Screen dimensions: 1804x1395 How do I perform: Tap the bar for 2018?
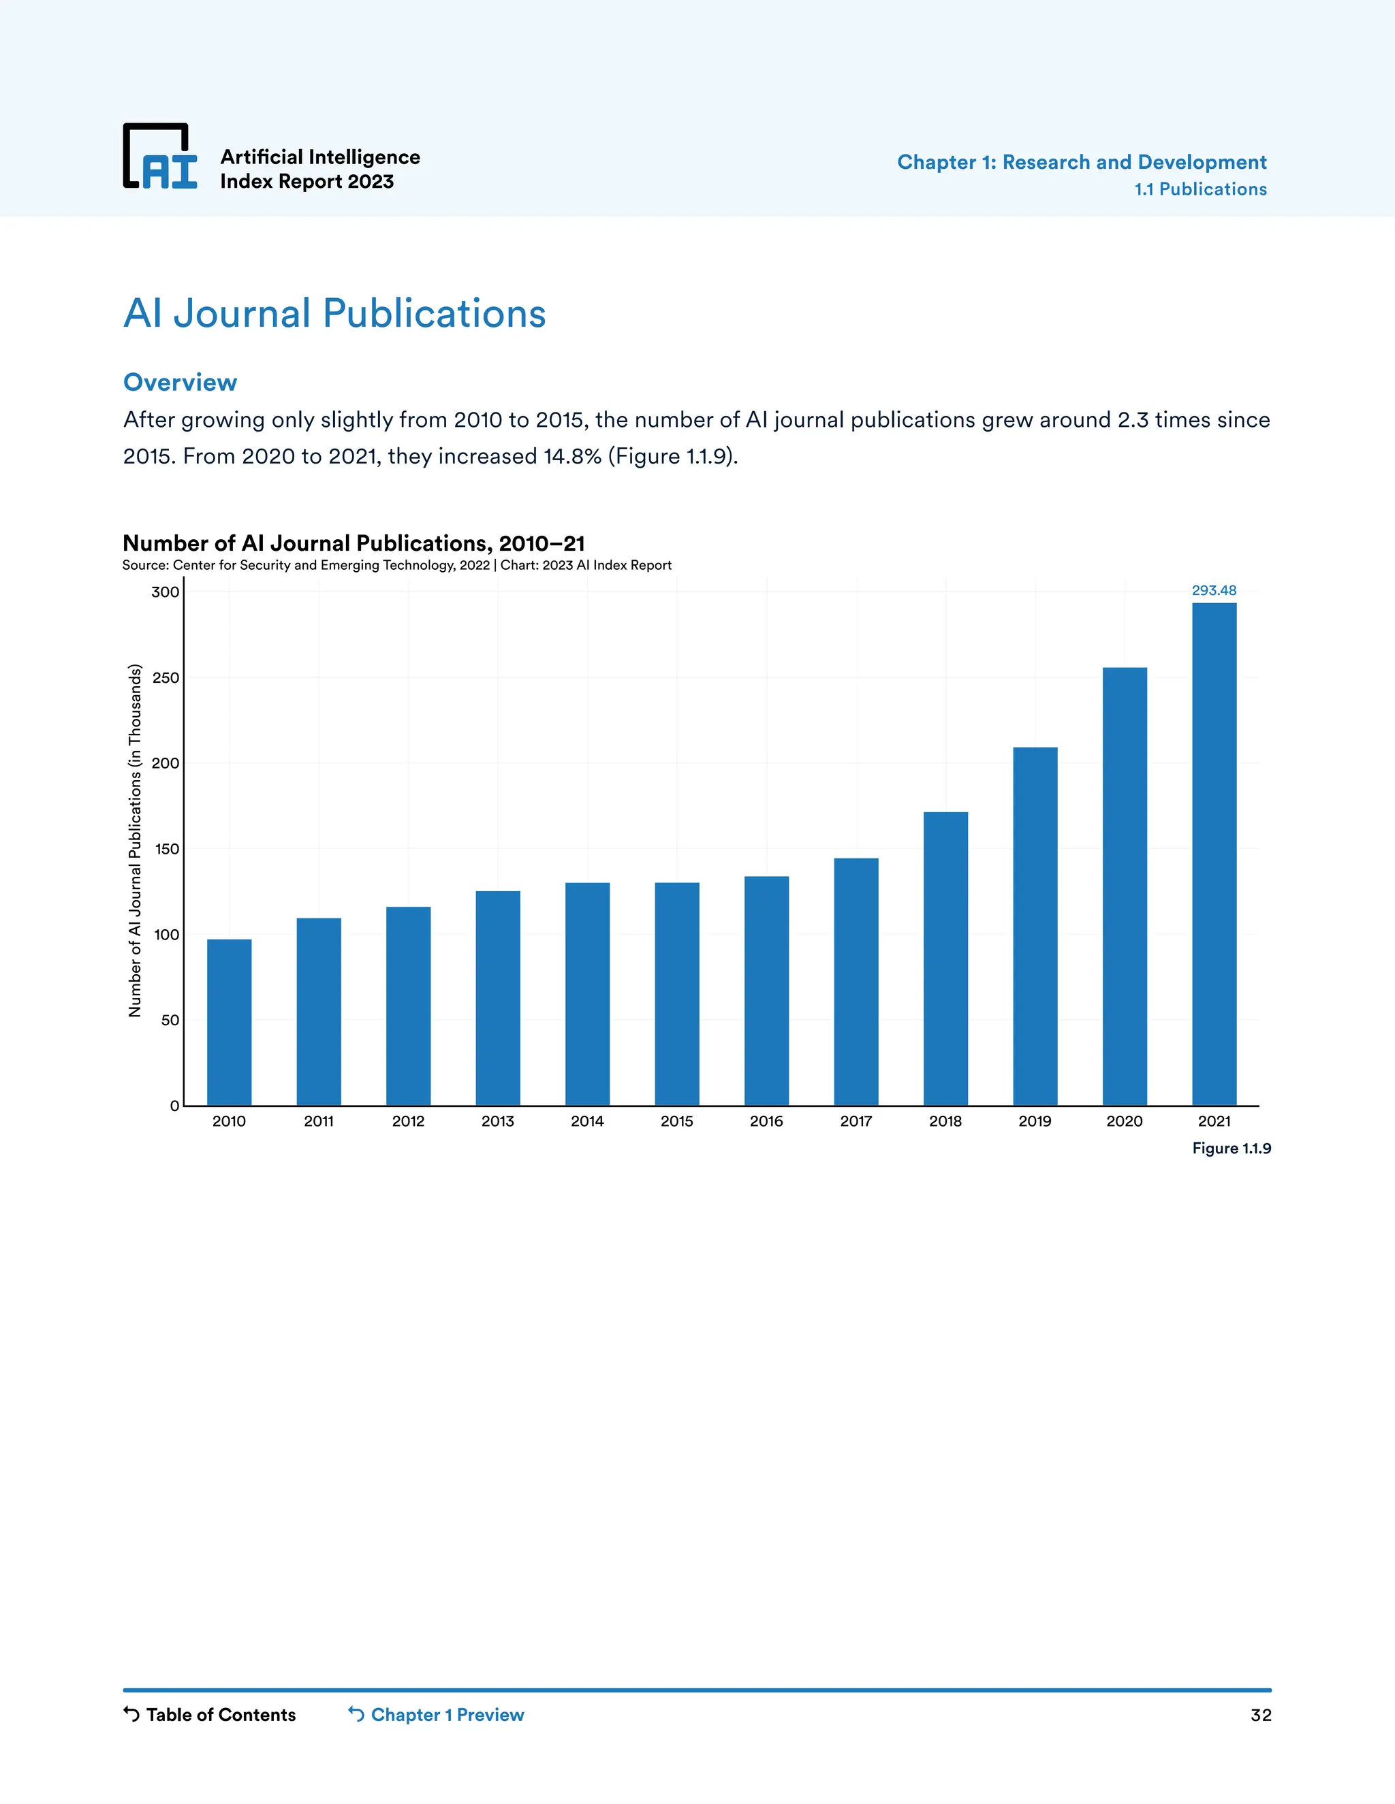click(x=945, y=959)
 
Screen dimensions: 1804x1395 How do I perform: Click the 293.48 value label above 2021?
click(x=1213, y=591)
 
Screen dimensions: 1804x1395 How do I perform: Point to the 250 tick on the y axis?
click(x=166, y=678)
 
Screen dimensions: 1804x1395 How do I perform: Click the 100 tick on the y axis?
click(x=166, y=935)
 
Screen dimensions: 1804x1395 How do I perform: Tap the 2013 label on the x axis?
click(x=497, y=1121)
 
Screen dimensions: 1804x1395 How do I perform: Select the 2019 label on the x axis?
click(x=1035, y=1121)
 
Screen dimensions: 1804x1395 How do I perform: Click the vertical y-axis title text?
click(x=135, y=840)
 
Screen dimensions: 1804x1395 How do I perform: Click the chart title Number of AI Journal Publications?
click(x=353, y=543)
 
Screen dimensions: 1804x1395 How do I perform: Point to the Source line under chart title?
click(x=396, y=566)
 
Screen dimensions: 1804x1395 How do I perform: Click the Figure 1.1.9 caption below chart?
click(x=1231, y=1148)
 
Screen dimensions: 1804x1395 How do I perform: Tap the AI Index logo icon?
click(x=160, y=157)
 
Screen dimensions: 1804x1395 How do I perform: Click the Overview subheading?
click(x=180, y=383)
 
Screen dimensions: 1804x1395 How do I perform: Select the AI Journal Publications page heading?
click(x=334, y=314)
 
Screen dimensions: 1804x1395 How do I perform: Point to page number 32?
click(x=1260, y=1716)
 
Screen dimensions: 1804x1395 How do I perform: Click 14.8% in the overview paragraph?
click(x=572, y=457)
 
